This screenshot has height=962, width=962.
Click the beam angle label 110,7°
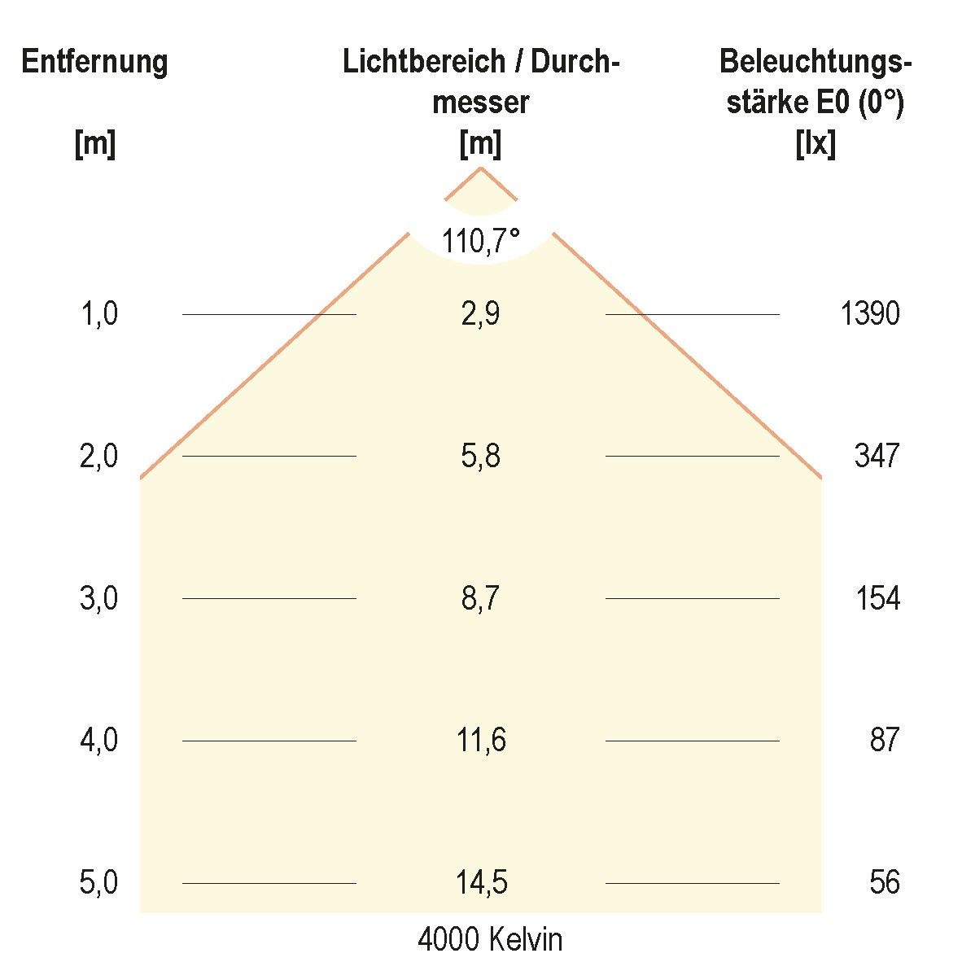[480, 241]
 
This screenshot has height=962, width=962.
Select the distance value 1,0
[99, 313]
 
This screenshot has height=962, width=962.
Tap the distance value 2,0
[99, 456]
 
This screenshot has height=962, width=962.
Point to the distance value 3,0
[99, 598]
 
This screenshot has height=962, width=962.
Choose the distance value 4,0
[99, 741]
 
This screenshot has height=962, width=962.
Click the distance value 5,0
[99, 883]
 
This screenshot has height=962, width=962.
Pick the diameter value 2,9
[480, 313]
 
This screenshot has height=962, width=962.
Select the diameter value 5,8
[480, 456]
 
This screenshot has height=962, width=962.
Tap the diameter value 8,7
[480, 598]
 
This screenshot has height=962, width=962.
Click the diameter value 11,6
[482, 741]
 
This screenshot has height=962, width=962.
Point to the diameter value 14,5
[482, 883]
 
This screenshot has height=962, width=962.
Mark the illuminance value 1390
[869, 313]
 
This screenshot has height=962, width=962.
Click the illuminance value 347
[877, 456]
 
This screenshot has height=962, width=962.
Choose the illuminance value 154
[877, 598]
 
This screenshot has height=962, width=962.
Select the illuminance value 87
[884, 741]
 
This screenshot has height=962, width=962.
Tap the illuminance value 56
[884, 883]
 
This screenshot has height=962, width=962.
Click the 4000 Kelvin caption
[490, 940]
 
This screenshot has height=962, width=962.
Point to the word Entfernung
[95, 62]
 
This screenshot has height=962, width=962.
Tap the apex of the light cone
[481, 168]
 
